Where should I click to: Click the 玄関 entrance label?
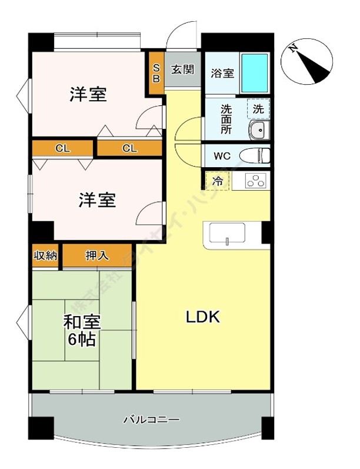[183, 69]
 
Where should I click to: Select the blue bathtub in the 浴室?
[255, 72]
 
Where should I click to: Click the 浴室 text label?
[222, 74]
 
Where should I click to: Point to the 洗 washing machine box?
[258, 109]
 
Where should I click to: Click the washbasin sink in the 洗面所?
[258, 131]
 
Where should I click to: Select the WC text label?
[222, 157]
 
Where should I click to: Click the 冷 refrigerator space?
[217, 181]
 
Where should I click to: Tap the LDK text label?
[202, 318]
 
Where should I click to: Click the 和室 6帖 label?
[82, 331]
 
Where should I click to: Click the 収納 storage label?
[45, 255]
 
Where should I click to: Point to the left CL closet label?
[62, 148]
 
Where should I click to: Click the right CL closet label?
[129, 148]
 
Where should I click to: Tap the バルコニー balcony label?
[151, 420]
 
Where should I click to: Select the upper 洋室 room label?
[88, 94]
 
